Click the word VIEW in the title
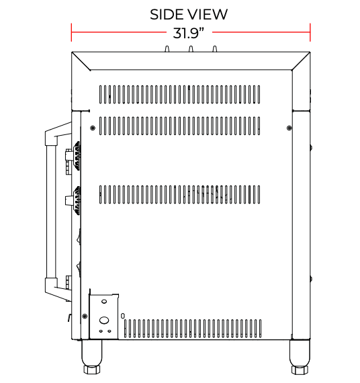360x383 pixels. point(208,14)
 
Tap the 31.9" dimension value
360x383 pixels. point(189,33)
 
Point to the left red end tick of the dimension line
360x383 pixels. point(71,32)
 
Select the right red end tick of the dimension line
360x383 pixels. point(310,32)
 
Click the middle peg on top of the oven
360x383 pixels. point(191,49)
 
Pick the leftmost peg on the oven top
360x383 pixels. point(167,49)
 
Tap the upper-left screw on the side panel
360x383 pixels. point(93,128)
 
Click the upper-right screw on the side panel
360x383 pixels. point(289,128)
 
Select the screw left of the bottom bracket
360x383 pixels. point(85,316)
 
